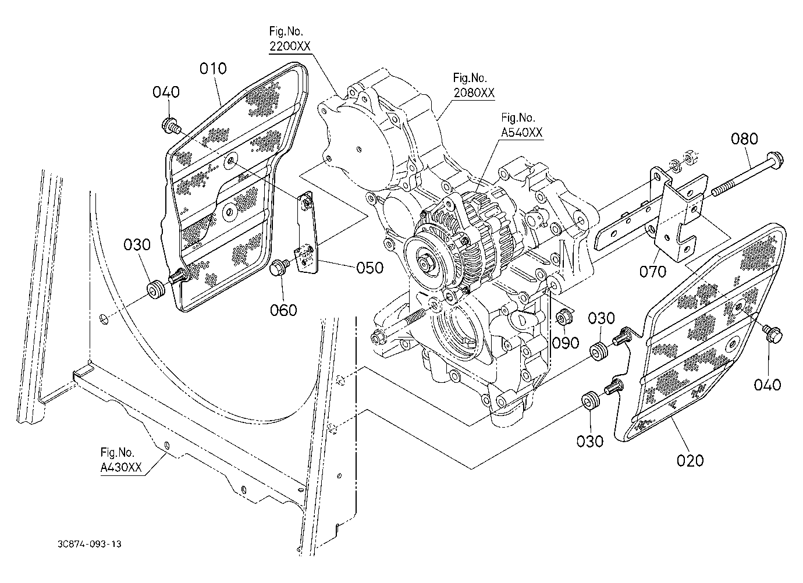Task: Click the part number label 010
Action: tap(213, 69)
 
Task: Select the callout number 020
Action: tap(690, 460)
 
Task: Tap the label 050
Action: tap(369, 268)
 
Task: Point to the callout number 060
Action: tap(283, 310)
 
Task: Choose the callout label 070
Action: tap(653, 272)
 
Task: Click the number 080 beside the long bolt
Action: tap(745, 138)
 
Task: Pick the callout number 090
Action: tap(566, 343)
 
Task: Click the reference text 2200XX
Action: tap(290, 46)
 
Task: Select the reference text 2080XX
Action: tap(474, 93)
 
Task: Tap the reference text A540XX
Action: tap(521, 133)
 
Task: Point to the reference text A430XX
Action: tap(121, 468)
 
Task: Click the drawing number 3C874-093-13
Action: tap(89, 544)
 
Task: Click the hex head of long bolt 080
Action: tap(776, 160)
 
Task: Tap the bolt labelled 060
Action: tap(278, 268)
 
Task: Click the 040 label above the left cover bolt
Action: tap(166, 93)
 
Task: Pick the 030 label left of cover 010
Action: tap(137, 245)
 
